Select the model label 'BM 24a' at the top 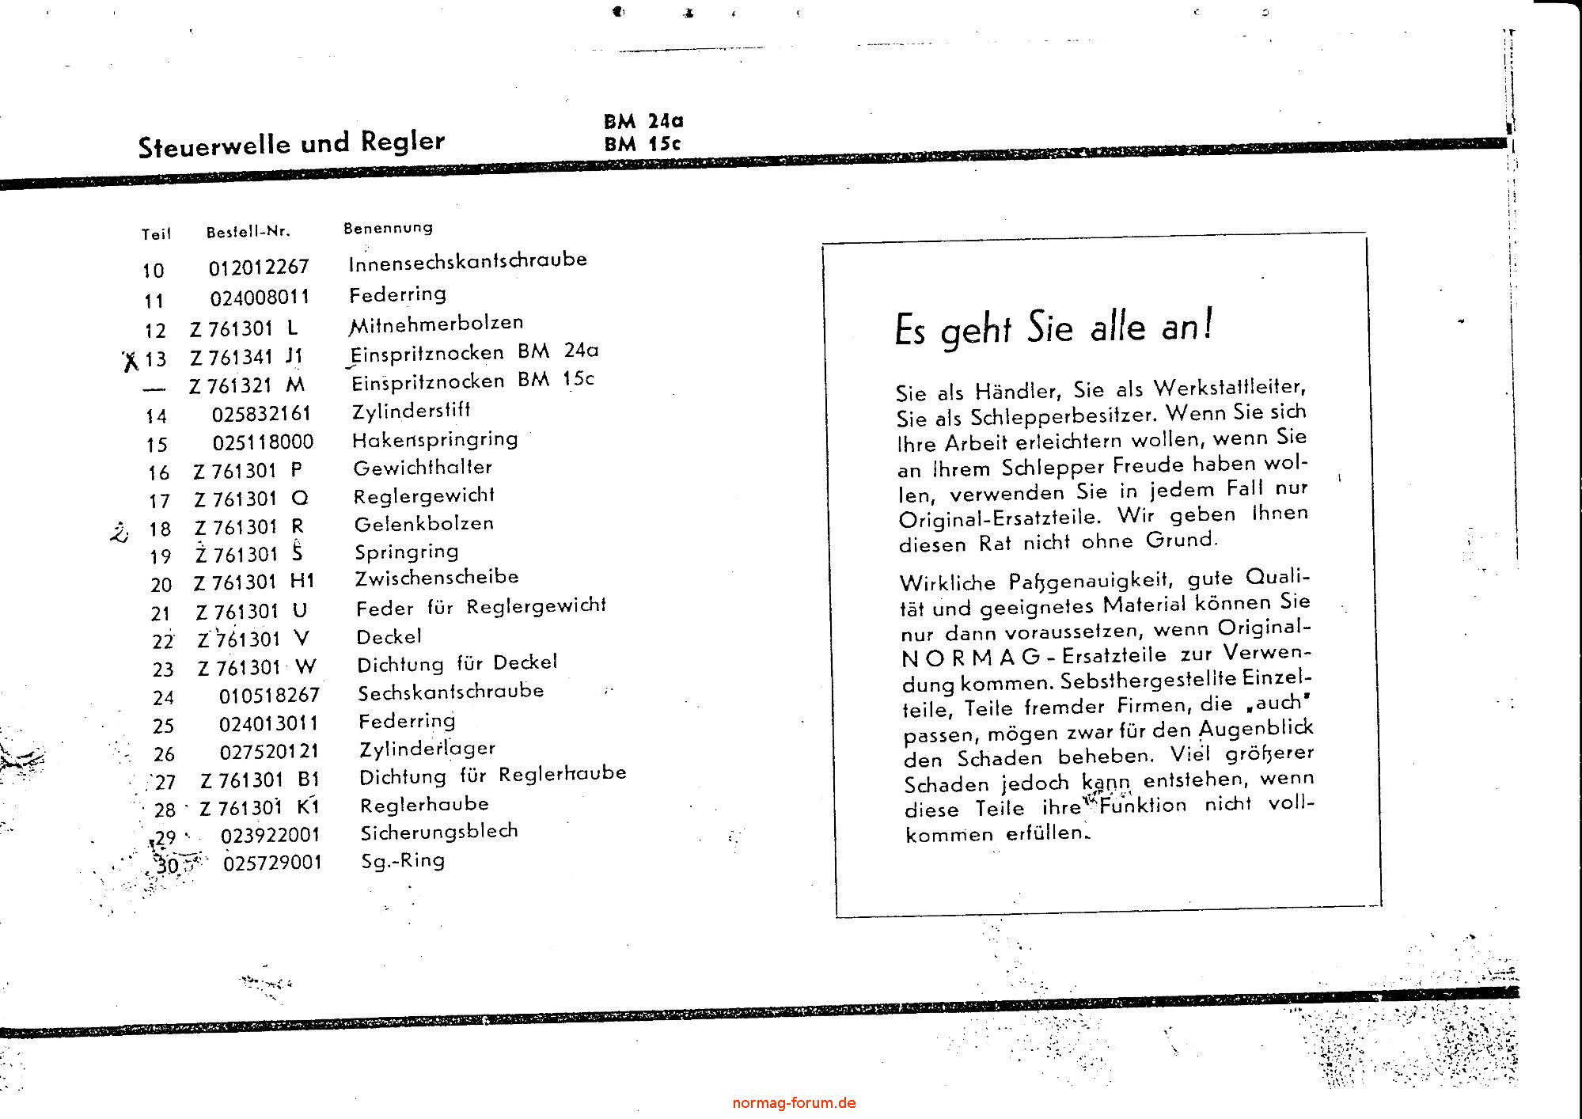click(643, 121)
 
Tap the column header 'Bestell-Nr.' click(248, 232)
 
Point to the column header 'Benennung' click(388, 228)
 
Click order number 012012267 click(259, 267)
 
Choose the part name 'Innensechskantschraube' click(468, 261)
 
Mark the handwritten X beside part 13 click(131, 362)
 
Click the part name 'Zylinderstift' click(412, 411)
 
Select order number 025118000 click(263, 442)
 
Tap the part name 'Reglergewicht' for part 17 click(424, 496)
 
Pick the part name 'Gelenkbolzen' click(424, 524)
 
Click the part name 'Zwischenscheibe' click(437, 578)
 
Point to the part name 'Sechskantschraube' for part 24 click(451, 692)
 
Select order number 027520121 click(269, 751)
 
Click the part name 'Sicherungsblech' click(439, 832)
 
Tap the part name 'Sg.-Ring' click(403, 860)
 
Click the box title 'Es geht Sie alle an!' click(1053, 328)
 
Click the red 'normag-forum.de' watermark click(794, 1102)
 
